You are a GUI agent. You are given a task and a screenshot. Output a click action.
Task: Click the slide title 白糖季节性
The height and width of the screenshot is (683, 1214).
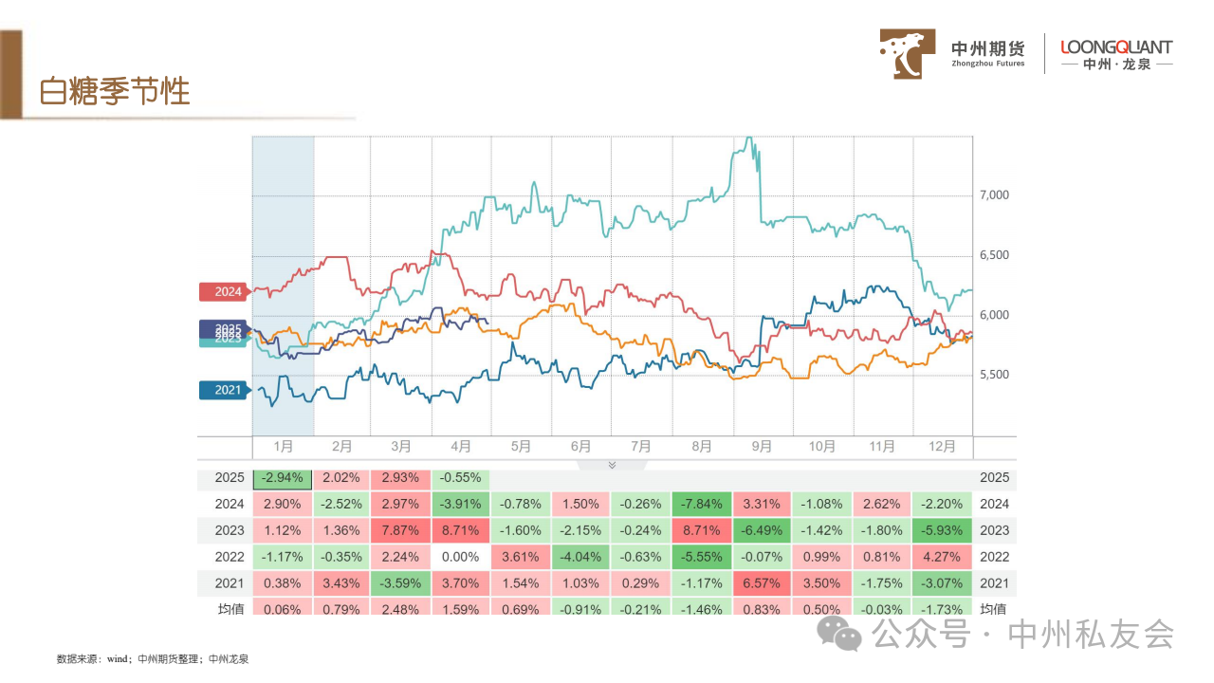click(115, 91)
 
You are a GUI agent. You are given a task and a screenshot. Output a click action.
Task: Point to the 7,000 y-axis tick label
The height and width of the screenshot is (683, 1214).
click(993, 195)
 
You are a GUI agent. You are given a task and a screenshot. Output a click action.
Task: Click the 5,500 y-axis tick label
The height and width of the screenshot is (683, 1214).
click(993, 376)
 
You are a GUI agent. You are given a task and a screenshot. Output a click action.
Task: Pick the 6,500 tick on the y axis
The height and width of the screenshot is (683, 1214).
click(993, 256)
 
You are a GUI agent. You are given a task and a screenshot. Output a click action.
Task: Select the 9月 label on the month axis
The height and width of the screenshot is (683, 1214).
click(762, 446)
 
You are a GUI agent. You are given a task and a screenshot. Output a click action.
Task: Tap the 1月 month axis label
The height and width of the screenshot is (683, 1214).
click(282, 446)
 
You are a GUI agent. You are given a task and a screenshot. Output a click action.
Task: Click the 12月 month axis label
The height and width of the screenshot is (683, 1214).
click(943, 446)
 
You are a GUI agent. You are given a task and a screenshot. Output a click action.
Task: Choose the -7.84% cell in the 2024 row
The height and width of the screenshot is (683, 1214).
click(702, 504)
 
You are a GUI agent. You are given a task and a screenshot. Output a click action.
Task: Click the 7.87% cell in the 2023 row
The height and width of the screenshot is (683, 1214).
click(401, 530)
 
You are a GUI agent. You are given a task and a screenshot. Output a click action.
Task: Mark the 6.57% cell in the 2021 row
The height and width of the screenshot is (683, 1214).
click(762, 583)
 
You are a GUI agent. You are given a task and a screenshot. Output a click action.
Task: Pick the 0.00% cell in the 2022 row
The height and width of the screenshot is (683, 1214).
click(462, 557)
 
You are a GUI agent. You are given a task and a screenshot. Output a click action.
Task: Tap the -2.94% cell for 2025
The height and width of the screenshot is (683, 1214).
click(282, 478)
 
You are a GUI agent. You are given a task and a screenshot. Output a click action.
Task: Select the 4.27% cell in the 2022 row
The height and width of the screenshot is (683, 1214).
click(943, 557)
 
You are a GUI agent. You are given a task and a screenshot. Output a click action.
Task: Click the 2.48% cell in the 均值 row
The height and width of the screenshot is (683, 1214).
click(401, 608)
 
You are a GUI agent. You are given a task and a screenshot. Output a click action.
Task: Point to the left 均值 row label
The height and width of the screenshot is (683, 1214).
click(230, 608)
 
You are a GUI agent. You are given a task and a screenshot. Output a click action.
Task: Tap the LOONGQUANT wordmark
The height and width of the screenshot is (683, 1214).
click(1116, 46)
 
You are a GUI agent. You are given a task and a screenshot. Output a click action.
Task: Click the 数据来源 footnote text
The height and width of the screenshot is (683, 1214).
click(152, 657)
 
